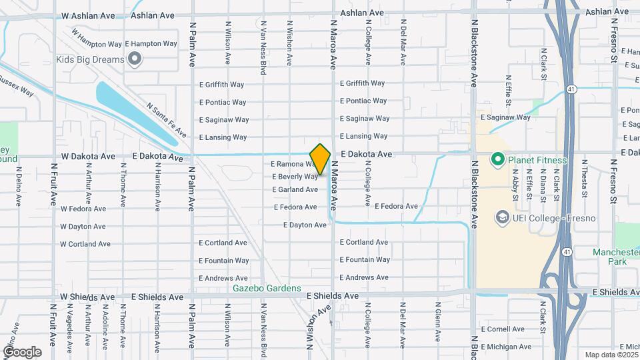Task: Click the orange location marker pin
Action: pos(321,159)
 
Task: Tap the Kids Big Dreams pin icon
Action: pos(135,60)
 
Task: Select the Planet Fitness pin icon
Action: pos(497,160)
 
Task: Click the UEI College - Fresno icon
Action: pos(502,218)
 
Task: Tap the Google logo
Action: pos(22,351)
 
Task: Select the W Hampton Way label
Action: pos(96,43)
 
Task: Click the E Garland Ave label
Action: pos(295,190)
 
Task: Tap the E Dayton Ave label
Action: pos(305,225)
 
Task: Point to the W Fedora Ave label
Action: pos(83,209)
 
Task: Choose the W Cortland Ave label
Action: pos(85,244)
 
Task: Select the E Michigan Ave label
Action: pos(502,347)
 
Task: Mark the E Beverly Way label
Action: pos(295,177)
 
